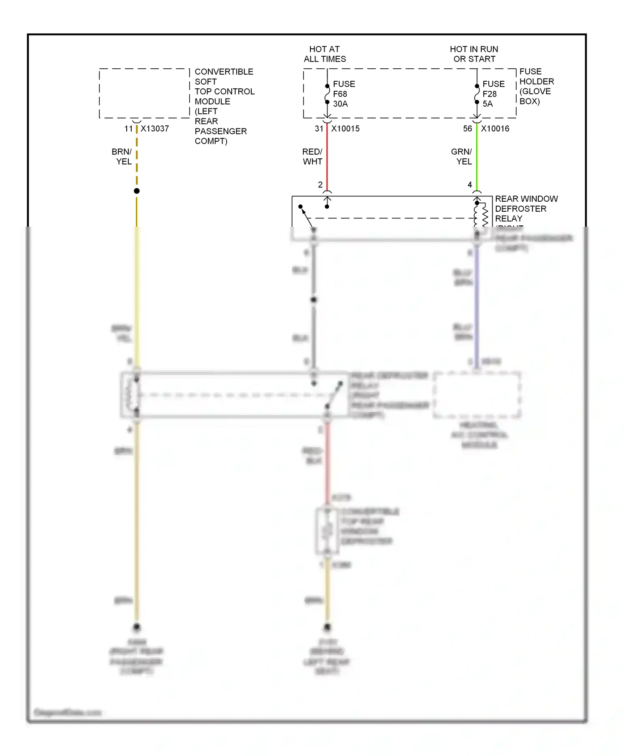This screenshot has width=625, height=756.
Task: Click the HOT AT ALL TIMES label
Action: (325, 54)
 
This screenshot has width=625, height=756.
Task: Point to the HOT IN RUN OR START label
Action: (474, 54)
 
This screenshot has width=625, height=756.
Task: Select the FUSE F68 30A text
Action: (344, 94)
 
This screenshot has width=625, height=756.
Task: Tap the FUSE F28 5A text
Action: (493, 94)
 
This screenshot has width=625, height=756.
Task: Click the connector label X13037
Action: (155, 129)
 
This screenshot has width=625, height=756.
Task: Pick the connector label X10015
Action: (345, 129)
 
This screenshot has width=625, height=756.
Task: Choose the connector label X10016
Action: (495, 129)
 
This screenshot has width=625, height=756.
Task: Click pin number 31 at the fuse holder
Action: (319, 129)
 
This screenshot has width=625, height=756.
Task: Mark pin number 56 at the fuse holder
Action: (467, 129)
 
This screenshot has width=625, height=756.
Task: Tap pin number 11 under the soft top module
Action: (128, 129)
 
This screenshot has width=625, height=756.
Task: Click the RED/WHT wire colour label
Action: (312, 157)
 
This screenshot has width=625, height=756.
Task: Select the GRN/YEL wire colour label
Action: (462, 157)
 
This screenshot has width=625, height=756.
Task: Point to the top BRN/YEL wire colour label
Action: (122, 157)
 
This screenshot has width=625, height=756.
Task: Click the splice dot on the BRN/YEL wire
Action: (137, 191)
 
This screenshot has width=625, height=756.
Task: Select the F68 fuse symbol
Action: (327, 94)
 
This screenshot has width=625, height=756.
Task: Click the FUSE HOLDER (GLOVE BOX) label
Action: (536, 86)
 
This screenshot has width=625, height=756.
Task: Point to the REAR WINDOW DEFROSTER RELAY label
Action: (526, 208)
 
